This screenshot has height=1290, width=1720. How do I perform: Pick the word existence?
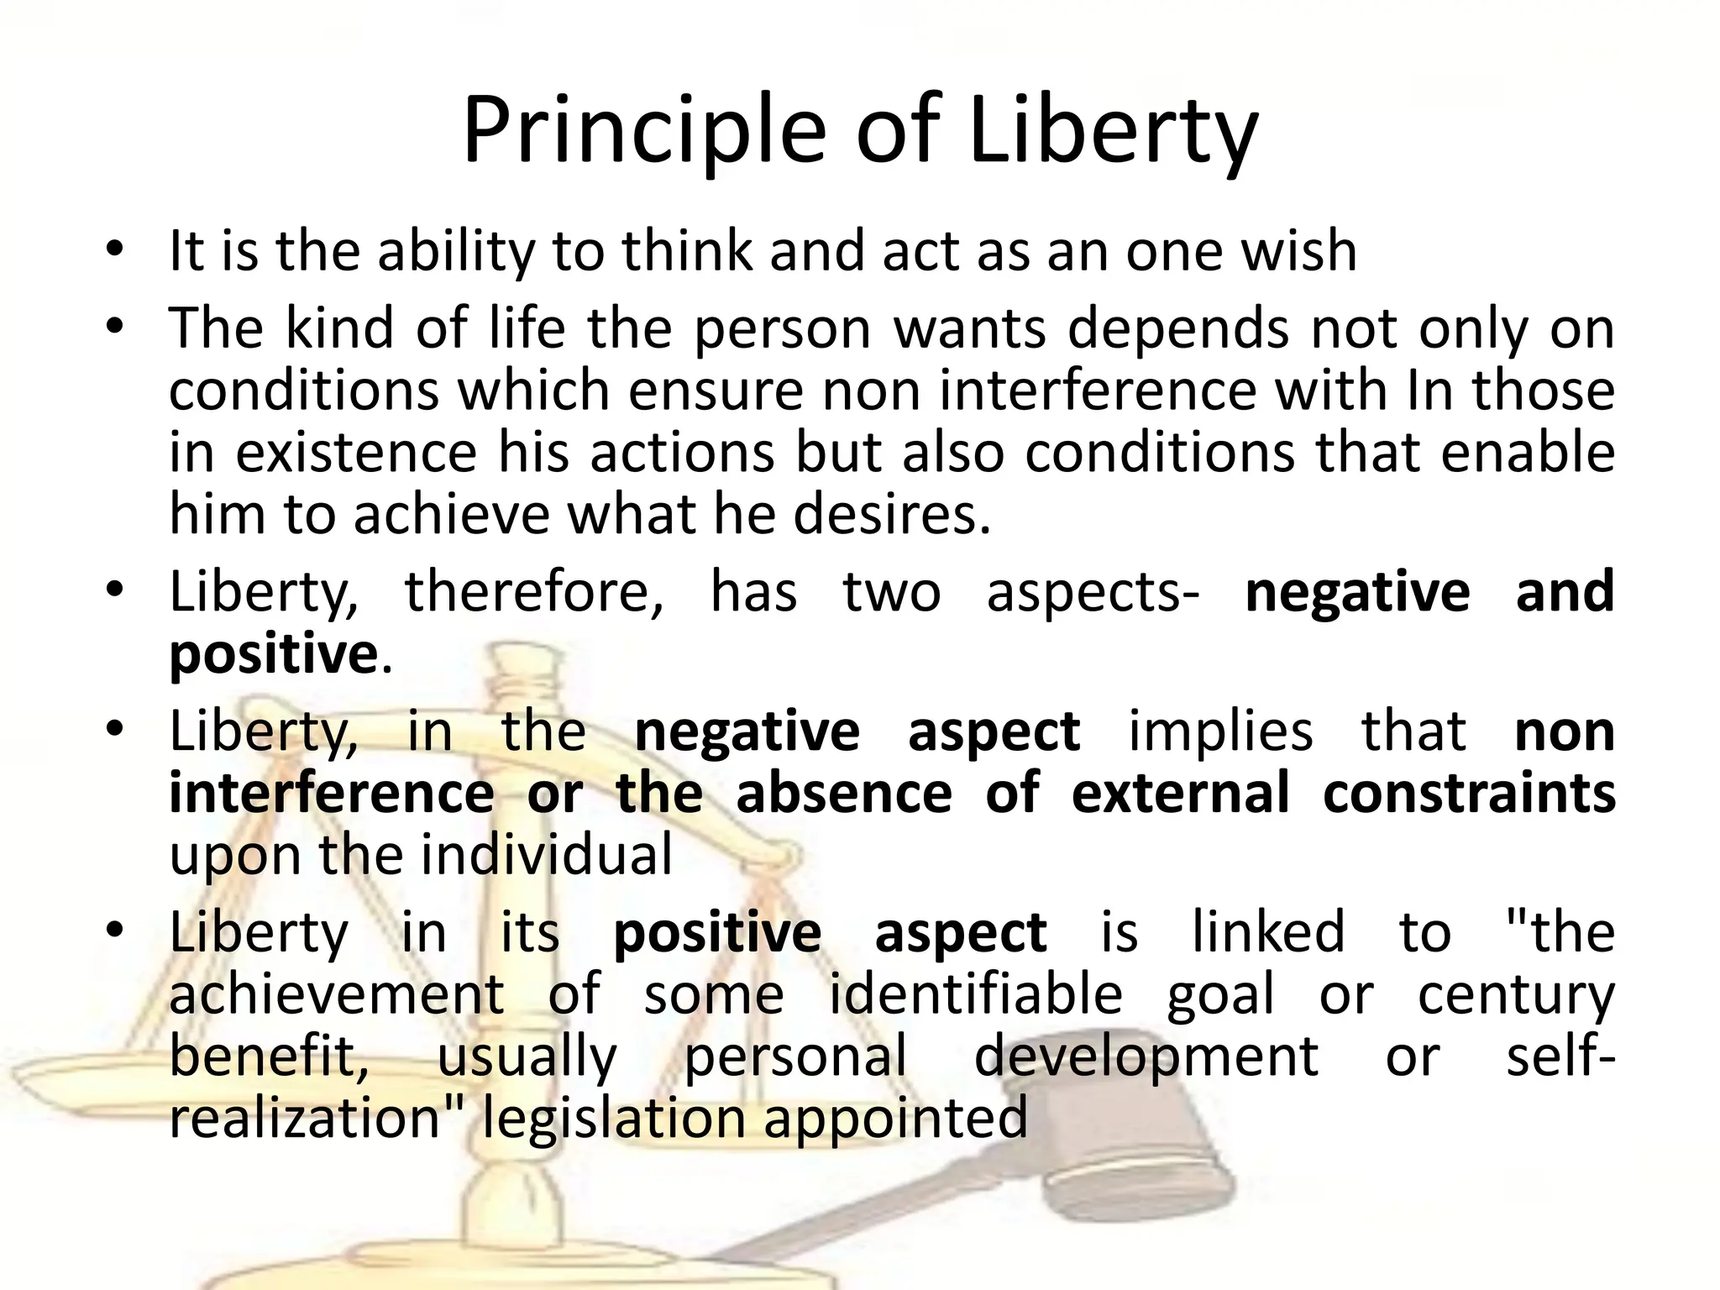[x=356, y=453]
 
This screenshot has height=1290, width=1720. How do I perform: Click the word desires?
[x=892, y=515]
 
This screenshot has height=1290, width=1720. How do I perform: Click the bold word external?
[x=1180, y=793]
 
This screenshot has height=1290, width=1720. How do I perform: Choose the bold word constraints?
[x=1469, y=793]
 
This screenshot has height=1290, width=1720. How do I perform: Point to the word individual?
[x=546, y=855]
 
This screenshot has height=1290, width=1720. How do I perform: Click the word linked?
[x=1268, y=932]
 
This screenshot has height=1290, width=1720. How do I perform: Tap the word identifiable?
[x=976, y=994]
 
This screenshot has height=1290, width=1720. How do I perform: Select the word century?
[x=1517, y=994]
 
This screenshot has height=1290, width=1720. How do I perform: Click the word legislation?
[x=614, y=1118]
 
